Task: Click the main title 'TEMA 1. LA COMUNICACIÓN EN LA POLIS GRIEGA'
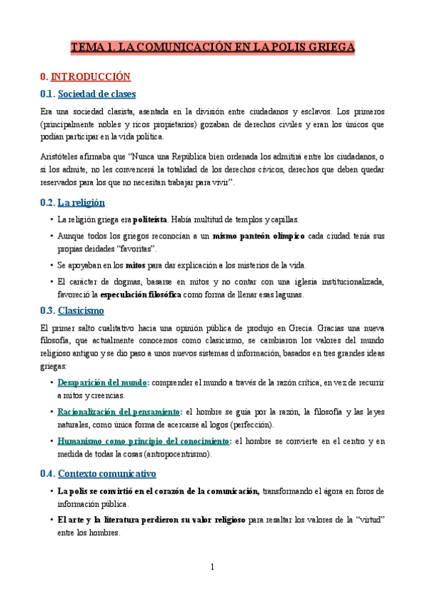coord(212,48)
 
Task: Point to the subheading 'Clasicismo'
coord(80,310)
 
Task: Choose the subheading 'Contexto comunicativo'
coord(106,474)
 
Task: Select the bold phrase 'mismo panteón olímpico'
coord(259,235)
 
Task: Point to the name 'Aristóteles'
coord(60,155)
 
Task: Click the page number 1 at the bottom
coord(212,567)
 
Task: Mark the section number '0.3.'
coord(48,310)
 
